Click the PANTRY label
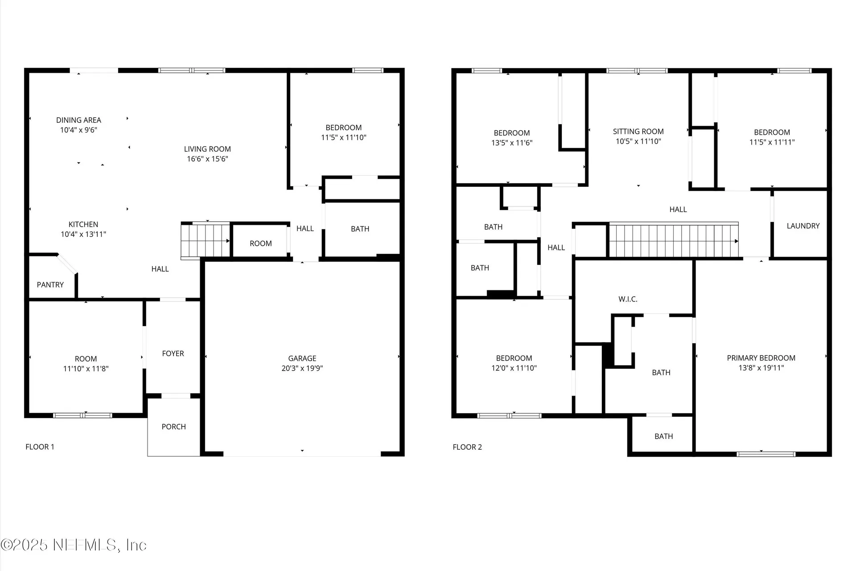[x=50, y=285]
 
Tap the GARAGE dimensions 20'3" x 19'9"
[x=302, y=368]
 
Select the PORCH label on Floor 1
[x=173, y=427]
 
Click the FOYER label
[x=173, y=354]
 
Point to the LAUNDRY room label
[x=803, y=226]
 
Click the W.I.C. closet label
[x=628, y=299]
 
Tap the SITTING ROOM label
[x=638, y=132]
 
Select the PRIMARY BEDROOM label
[x=761, y=358]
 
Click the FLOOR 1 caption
[x=40, y=447]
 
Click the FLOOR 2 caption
[x=467, y=447]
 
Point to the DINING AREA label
[x=78, y=120]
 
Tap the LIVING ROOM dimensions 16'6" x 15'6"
[x=207, y=159]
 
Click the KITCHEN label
[x=83, y=224]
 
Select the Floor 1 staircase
[x=205, y=240]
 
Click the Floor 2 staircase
[x=673, y=241]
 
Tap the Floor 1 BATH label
[x=360, y=229]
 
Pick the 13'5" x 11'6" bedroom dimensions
[x=512, y=143]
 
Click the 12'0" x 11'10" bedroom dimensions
[x=514, y=368]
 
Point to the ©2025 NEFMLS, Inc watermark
[x=74, y=545]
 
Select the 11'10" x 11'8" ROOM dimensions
[x=86, y=369]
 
